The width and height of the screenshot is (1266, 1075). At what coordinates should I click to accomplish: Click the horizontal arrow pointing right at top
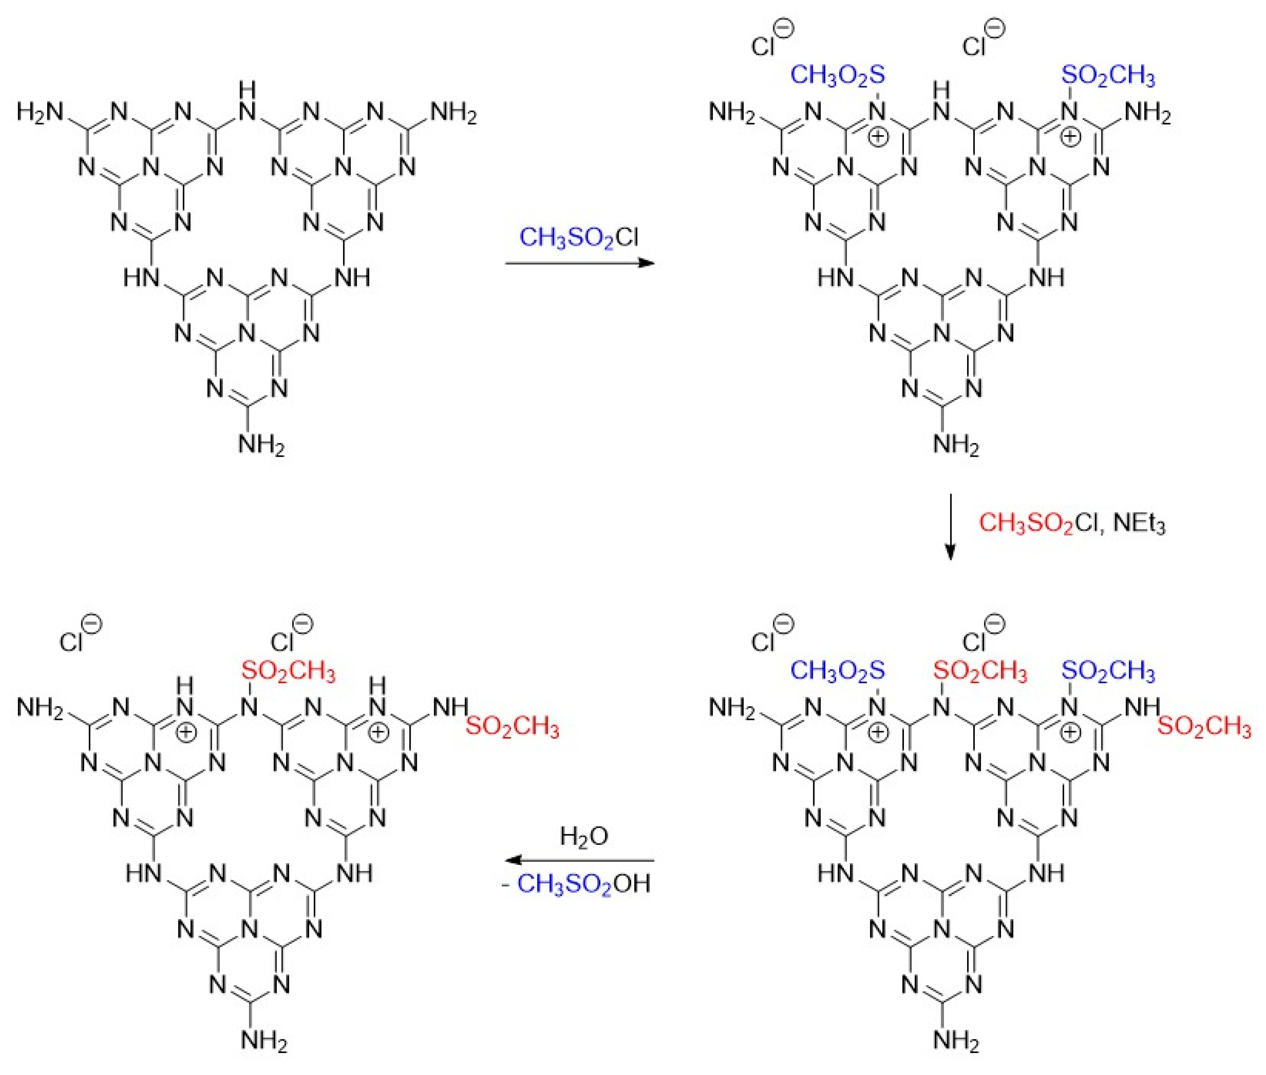pos(579,263)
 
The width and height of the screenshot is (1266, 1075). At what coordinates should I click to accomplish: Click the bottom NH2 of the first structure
pos(261,445)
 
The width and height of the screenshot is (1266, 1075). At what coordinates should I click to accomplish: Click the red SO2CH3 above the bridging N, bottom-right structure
pos(980,671)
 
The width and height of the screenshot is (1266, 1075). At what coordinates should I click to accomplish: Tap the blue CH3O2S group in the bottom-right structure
pos(837,671)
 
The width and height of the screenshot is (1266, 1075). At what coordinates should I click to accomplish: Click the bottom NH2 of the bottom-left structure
pos(263,1041)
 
